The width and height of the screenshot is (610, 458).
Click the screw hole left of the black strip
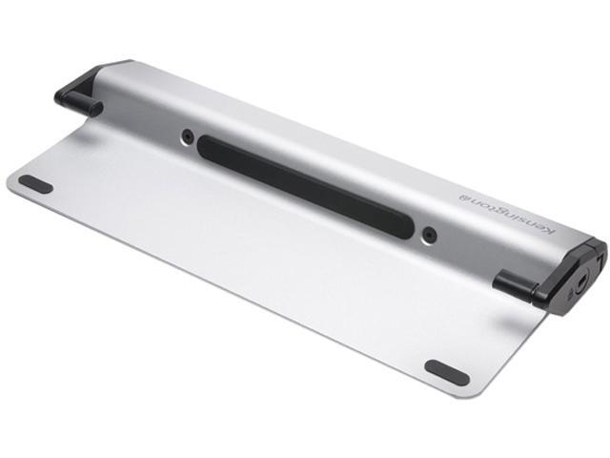pos(188,134)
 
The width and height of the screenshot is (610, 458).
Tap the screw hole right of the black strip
pos(430,231)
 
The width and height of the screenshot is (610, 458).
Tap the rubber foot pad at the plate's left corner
pos(35,183)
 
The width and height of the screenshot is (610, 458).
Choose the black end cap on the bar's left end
pos(80,87)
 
